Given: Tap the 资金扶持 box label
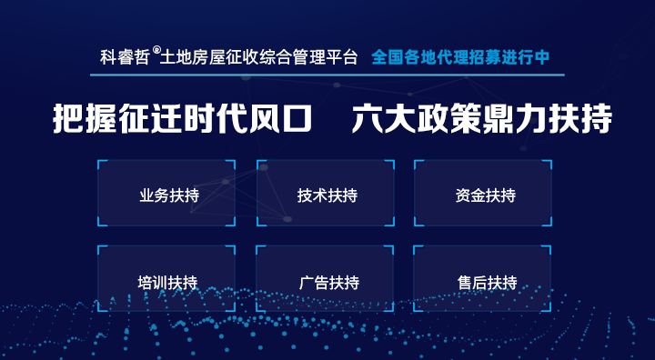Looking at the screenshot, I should click(x=485, y=196).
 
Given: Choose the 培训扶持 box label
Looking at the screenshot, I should click(x=167, y=283).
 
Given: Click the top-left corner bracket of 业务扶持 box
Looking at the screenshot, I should click(x=102, y=165).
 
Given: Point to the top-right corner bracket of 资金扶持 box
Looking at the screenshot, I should click(x=548, y=165).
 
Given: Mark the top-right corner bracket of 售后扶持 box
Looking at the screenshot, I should click(x=548, y=249).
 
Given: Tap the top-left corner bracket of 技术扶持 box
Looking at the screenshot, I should click(x=261, y=165).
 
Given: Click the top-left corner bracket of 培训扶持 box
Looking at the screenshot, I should click(x=102, y=249).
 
